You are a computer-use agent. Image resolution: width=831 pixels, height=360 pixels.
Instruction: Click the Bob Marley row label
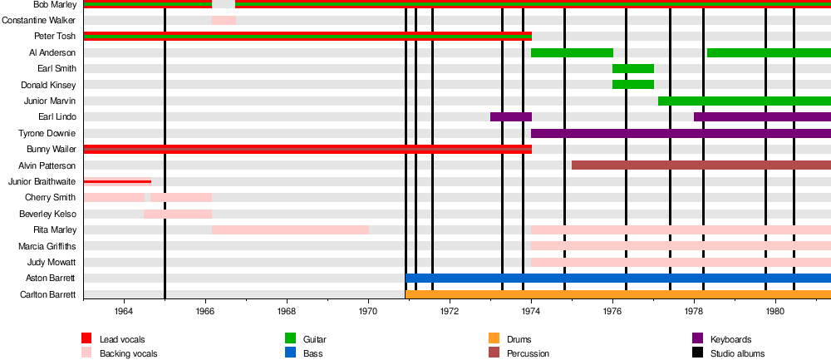pos(55,4)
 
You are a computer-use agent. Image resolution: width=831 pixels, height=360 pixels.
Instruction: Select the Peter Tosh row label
pos(55,36)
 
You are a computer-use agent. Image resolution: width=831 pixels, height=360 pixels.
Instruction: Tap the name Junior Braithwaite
pos(42,181)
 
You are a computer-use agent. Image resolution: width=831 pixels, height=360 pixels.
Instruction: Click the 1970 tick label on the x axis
pos(368,311)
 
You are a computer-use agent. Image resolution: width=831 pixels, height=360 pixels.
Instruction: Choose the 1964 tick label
pos(124,311)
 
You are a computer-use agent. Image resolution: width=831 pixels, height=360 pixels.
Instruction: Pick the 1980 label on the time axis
pos(775,311)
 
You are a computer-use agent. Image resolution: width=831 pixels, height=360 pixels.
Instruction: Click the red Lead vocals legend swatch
pos(86,338)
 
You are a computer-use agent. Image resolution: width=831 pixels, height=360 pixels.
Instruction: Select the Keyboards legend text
pos(731,339)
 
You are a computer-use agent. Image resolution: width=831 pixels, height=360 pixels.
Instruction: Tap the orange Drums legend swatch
pos(494,338)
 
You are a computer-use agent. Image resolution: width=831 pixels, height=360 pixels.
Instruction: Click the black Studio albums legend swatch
pos(697,353)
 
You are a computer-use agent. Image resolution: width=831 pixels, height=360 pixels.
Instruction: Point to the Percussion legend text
pos(529,353)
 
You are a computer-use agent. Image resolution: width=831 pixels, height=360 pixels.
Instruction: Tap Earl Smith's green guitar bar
pos(633,68)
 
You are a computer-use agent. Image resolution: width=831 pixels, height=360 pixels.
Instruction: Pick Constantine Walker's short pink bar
pos(224,20)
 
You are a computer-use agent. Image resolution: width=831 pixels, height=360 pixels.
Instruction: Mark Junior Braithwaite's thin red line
pos(117,180)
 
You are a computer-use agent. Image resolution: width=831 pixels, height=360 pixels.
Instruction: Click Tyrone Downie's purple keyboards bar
pos(681,133)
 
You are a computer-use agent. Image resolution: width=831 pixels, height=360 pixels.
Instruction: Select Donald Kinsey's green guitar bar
pos(633,84)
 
